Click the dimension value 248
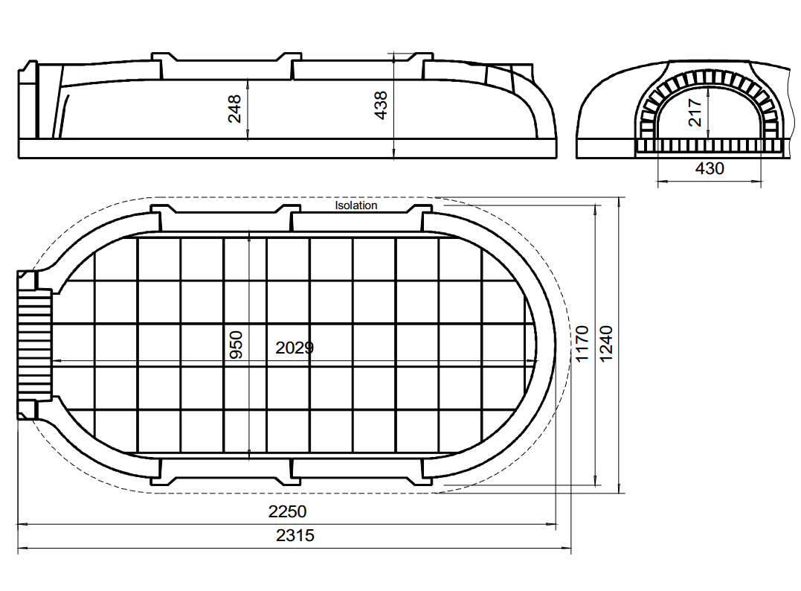tap(234, 109)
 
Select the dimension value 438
tap(381, 105)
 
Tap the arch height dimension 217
tap(695, 112)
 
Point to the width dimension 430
tap(710, 168)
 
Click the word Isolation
tap(356, 205)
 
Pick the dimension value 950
tap(236, 345)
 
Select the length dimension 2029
tap(295, 348)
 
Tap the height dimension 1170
tap(582, 344)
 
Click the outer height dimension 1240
tap(606, 344)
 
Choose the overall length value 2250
tap(288, 511)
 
